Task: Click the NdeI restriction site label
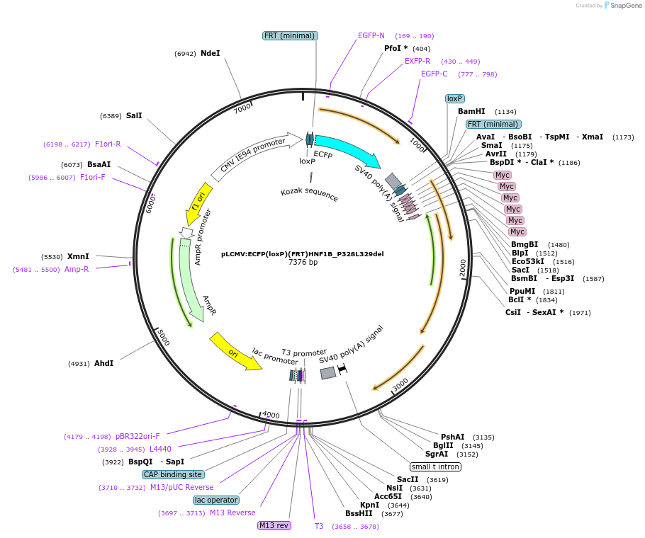click(210, 53)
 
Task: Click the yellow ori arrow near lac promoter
click(234, 350)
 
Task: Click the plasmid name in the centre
click(303, 253)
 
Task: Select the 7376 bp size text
click(303, 262)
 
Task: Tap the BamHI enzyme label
click(471, 111)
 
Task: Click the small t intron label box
click(435, 467)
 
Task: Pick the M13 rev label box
click(274, 525)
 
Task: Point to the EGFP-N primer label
click(371, 35)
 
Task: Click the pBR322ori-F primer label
click(138, 436)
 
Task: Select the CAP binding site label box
click(173, 474)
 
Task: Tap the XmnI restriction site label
click(78, 256)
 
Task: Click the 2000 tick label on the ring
click(463, 268)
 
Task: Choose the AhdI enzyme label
click(103, 363)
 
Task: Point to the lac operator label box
click(216, 500)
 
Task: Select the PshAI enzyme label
click(452, 437)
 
